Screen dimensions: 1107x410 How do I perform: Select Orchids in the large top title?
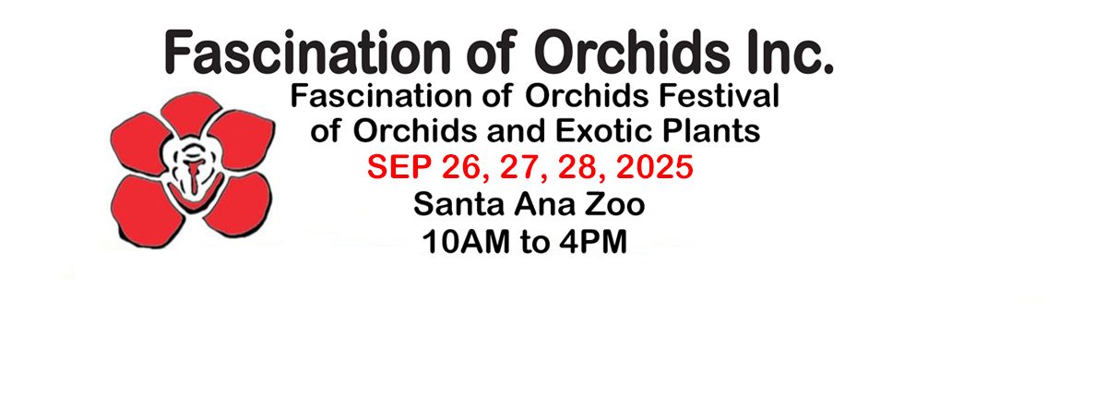(632, 52)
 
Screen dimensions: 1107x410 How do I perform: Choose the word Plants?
(711, 131)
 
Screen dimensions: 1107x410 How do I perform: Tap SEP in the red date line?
(399, 167)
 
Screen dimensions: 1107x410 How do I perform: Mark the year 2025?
(655, 167)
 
